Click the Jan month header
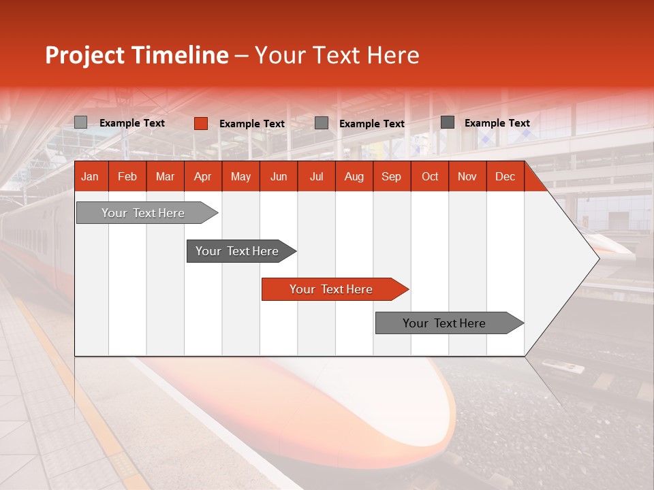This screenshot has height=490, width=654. click(90, 177)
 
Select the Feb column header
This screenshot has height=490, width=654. click(127, 177)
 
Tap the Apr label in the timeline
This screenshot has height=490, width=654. click(202, 177)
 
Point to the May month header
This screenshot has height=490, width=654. click(240, 177)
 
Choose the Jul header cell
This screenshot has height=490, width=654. click(316, 177)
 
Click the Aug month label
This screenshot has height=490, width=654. click(354, 177)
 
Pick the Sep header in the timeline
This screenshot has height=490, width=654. click(391, 177)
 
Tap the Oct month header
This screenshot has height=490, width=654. click(430, 177)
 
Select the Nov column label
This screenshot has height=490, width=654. click(467, 177)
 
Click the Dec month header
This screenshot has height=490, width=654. click(505, 177)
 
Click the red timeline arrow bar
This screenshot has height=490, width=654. click(334, 289)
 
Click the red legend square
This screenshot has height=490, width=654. click(201, 123)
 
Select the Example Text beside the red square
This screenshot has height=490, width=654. click(252, 124)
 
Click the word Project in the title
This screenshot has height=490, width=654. click(85, 55)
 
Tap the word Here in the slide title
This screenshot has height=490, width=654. click(393, 55)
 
